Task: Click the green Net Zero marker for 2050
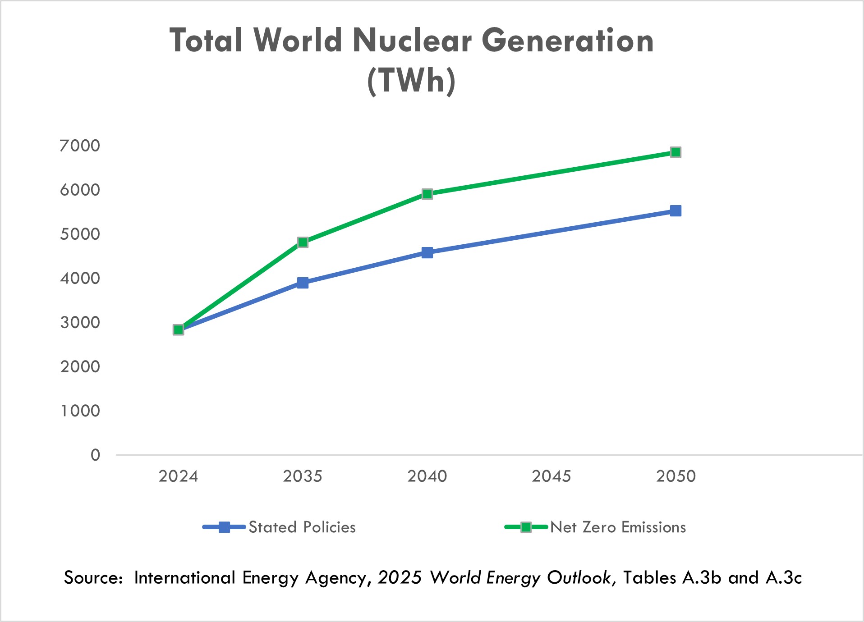pyautogui.click(x=675, y=152)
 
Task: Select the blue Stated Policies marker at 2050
pyautogui.click(x=675, y=211)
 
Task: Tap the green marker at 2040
pyautogui.click(x=427, y=194)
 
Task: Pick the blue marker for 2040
pyautogui.click(x=427, y=252)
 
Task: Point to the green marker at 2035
pyautogui.click(x=303, y=242)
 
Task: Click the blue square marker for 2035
pyautogui.click(x=303, y=283)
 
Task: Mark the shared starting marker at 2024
pyautogui.click(x=178, y=330)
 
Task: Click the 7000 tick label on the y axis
pyautogui.click(x=80, y=146)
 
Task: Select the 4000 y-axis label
pyautogui.click(x=80, y=278)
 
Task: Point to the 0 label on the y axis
pyautogui.click(x=95, y=455)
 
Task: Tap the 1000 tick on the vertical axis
pyautogui.click(x=80, y=411)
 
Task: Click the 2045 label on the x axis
pyautogui.click(x=551, y=476)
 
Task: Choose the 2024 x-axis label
pyautogui.click(x=178, y=476)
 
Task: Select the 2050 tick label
pyautogui.click(x=676, y=476)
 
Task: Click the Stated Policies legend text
pyautogui.click(x=302, y=527)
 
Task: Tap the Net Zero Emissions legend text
pyautogui.click(x=618, y=527)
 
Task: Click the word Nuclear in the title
pyautogui.click(x=412, y=41)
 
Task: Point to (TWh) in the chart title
pyautogui.click(x=411, y=80)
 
